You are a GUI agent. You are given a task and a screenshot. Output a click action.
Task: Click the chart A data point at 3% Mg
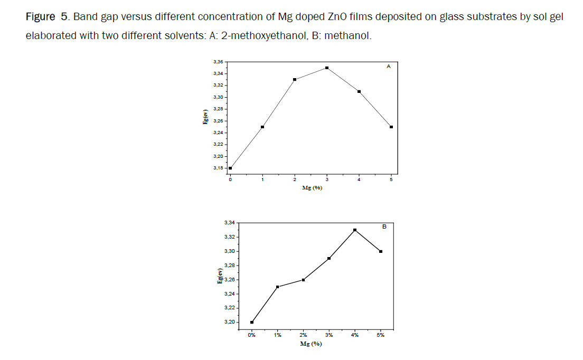pyautogui.click(x=327, y=68)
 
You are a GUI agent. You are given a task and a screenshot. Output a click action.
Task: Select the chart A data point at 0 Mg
pyautogui.click(x=230, y=168)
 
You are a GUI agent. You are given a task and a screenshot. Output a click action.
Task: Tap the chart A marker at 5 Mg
pyautogui.click(x=391, y=127)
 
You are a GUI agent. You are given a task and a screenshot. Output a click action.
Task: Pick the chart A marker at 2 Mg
pyautogui.click(x=295, y=80)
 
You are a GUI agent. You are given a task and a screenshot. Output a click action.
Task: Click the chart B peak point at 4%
pyautogui.click(x=355, y=230)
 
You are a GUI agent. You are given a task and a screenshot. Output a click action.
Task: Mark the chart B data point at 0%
pyautogui.click(x=252, y=322)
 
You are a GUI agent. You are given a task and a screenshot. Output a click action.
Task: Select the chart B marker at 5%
pyautogui.click(x=381, y=251)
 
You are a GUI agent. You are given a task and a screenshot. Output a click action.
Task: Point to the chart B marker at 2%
pyautogui.click(x=304, y=280)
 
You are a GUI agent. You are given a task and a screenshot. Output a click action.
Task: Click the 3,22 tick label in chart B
pyautogui.click(x=230, y=308)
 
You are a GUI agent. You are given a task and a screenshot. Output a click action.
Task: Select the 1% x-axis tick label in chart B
pyautogui.click(x=278, y=335)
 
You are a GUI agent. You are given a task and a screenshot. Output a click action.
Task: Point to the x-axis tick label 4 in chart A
pyautogui.click(x=359, y=180)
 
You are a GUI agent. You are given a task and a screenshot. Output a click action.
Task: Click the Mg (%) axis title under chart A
pyautogui.click(x=312, y=188)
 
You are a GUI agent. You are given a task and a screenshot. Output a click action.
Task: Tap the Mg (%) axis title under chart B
pyautogui.click(x=311, y=344)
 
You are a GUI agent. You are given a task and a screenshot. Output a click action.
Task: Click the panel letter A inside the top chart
pyautogui.click(x=389, y=67)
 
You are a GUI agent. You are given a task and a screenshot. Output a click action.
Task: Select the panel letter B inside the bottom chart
pyautogui.click(x=384, y=226)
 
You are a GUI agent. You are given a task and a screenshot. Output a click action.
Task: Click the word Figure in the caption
pyautogui.click(x=40, y=17)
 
